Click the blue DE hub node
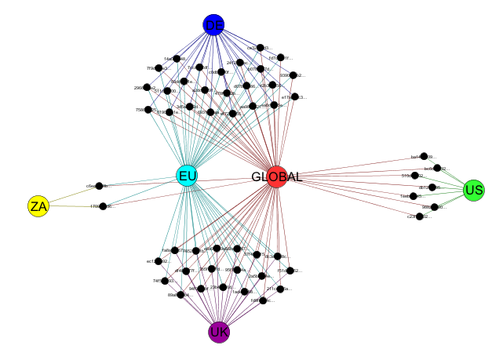tap(213, 25)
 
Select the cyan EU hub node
tap(187, 176)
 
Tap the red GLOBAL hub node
tap(276, 176)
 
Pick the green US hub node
tap(473, 189)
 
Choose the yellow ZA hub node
tap(38, 206)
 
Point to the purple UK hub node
tap(219, 332)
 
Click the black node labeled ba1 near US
tap(424, 156)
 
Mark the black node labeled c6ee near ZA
tap(100, 186)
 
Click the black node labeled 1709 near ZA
tap(103, 206)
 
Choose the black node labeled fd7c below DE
tap(280, 57)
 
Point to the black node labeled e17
tap(294, 97)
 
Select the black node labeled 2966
tap(148, 88)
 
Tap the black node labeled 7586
tap(148, 111)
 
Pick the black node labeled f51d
tap(290, 271)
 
